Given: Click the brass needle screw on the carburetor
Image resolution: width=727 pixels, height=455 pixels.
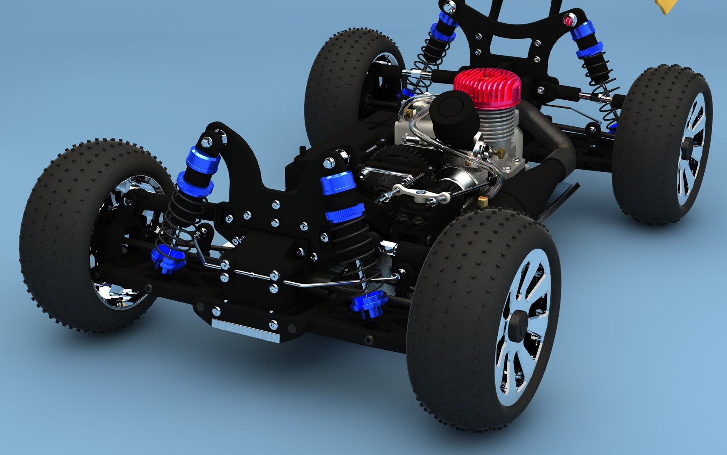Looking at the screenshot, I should [499, 151].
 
